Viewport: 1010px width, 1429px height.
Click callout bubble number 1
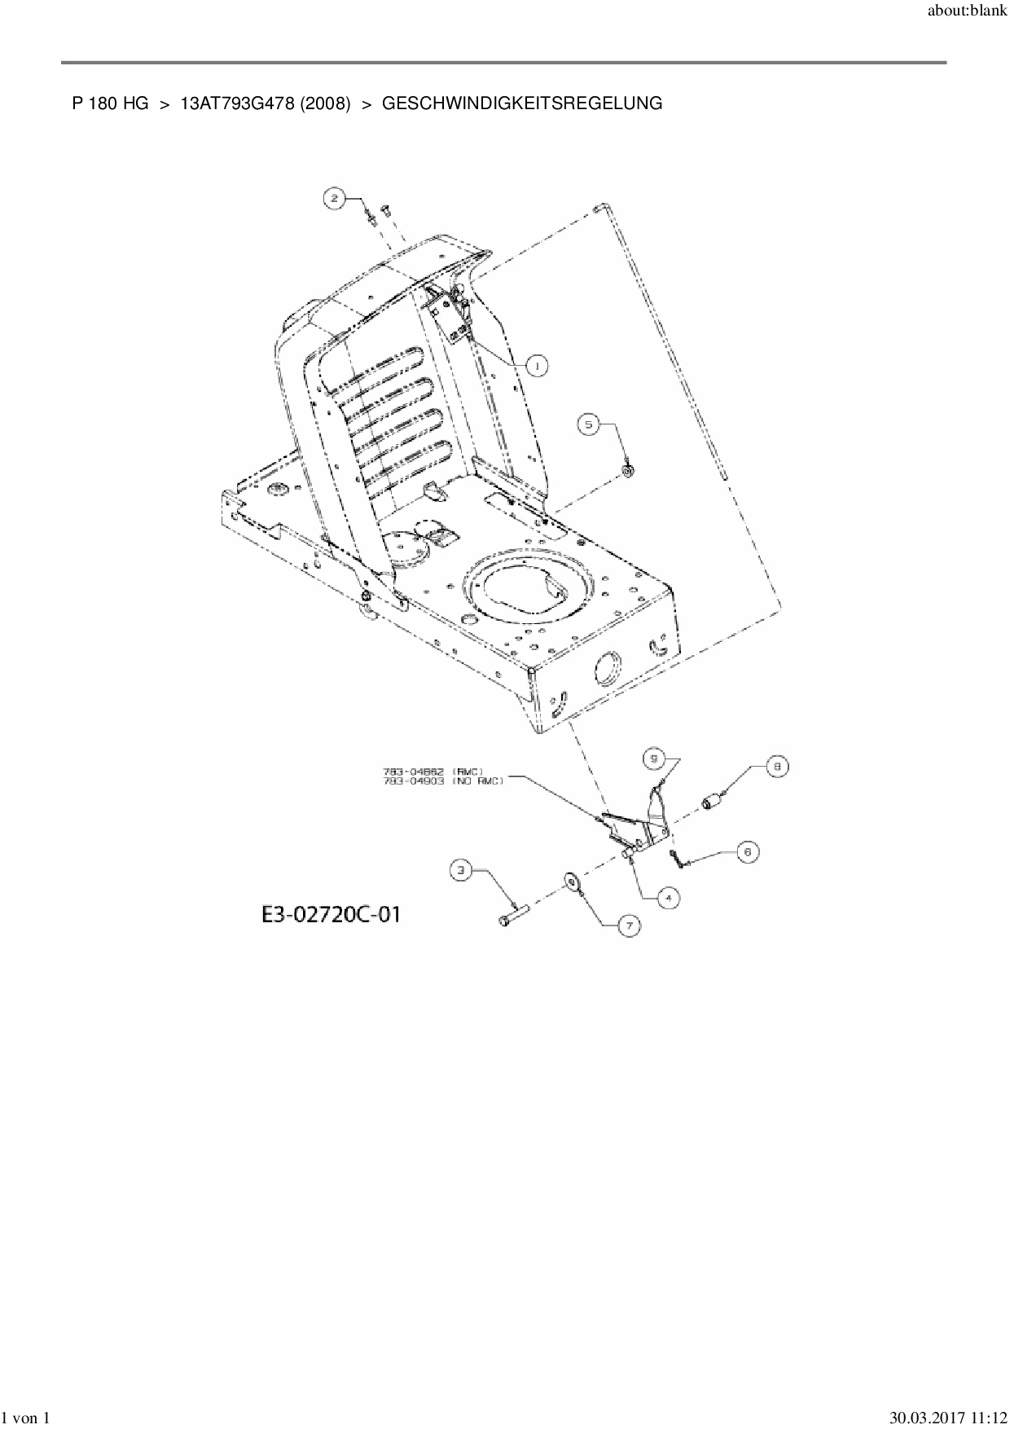coord(537,367)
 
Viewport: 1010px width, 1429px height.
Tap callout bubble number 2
coord(333,196)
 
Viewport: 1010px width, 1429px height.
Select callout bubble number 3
coord(462,870)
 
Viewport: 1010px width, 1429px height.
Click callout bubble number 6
coord(748,851)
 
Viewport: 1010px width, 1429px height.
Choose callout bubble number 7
coord(629,925)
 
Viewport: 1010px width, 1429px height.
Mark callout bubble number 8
coord(777,766)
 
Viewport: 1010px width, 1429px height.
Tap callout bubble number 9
coord(653,758)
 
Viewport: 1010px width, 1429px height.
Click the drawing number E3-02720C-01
coord(331,914)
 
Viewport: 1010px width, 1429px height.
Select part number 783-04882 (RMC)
coord(433,771)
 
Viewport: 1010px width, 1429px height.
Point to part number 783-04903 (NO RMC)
coord(442,780)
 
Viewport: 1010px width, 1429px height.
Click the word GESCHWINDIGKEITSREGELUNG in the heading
coord(521,103)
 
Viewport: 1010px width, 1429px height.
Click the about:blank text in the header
coord(968,11)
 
